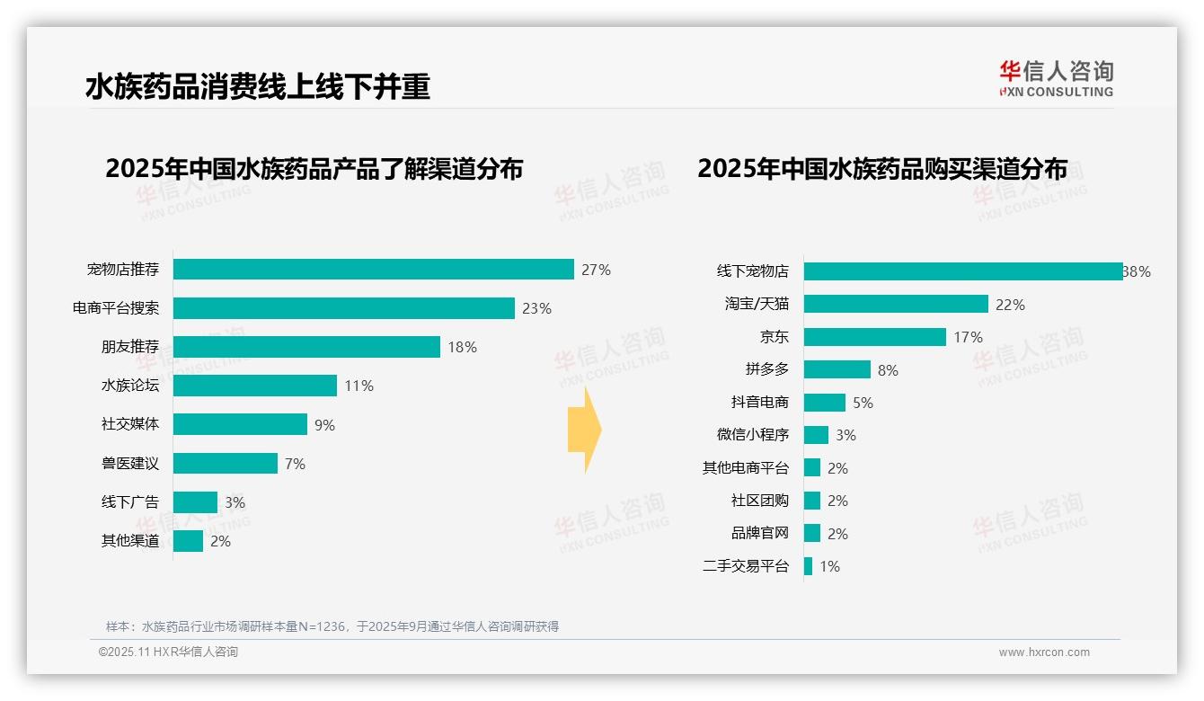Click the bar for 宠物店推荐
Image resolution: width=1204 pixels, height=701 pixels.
point(373,270)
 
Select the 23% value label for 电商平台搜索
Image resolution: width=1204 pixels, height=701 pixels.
point(536,308)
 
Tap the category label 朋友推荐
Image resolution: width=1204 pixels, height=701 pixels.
point(129,347)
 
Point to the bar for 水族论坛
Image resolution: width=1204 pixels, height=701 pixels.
point(255,386)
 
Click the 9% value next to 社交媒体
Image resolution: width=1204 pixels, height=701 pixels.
point(324,425)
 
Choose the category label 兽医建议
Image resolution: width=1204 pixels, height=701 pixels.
point(129,464)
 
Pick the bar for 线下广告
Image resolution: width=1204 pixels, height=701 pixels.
point(195,502)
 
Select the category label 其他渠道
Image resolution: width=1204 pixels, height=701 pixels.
point(129,541)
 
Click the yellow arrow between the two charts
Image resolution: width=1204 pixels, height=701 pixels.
point(584,430)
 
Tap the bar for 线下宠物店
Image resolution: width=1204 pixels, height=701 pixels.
point(962,271)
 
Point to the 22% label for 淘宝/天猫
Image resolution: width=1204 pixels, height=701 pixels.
point(1010,305)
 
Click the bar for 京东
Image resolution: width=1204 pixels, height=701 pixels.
point(874,337)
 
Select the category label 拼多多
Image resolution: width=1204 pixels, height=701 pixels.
point(766,369)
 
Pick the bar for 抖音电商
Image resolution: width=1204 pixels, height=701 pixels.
point(824,403)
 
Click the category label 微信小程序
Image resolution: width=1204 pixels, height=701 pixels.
point(752,435)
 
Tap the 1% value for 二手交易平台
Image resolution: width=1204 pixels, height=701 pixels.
point(829,566)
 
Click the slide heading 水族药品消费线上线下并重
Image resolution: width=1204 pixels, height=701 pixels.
point(258,86)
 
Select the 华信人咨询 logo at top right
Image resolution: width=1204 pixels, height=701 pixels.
point(1056,78)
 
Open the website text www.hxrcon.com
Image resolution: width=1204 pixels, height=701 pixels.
point(1043,652)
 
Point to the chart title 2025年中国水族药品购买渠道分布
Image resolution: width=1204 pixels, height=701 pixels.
point(882,169)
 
